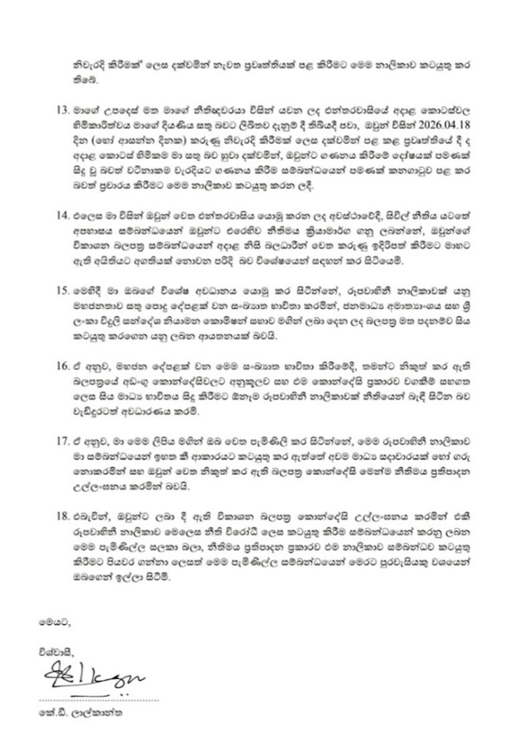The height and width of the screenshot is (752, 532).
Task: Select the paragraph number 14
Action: (x=61, y=217)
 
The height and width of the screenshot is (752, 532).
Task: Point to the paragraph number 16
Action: (x=61, y=366)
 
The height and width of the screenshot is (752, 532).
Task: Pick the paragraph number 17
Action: (x=61, y=439)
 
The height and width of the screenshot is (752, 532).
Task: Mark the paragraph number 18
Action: (x=61, y=515)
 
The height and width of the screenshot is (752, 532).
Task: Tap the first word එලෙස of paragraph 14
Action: (x=94, y=217)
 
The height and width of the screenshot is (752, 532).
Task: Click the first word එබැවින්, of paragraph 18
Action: (x=99, y=515)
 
